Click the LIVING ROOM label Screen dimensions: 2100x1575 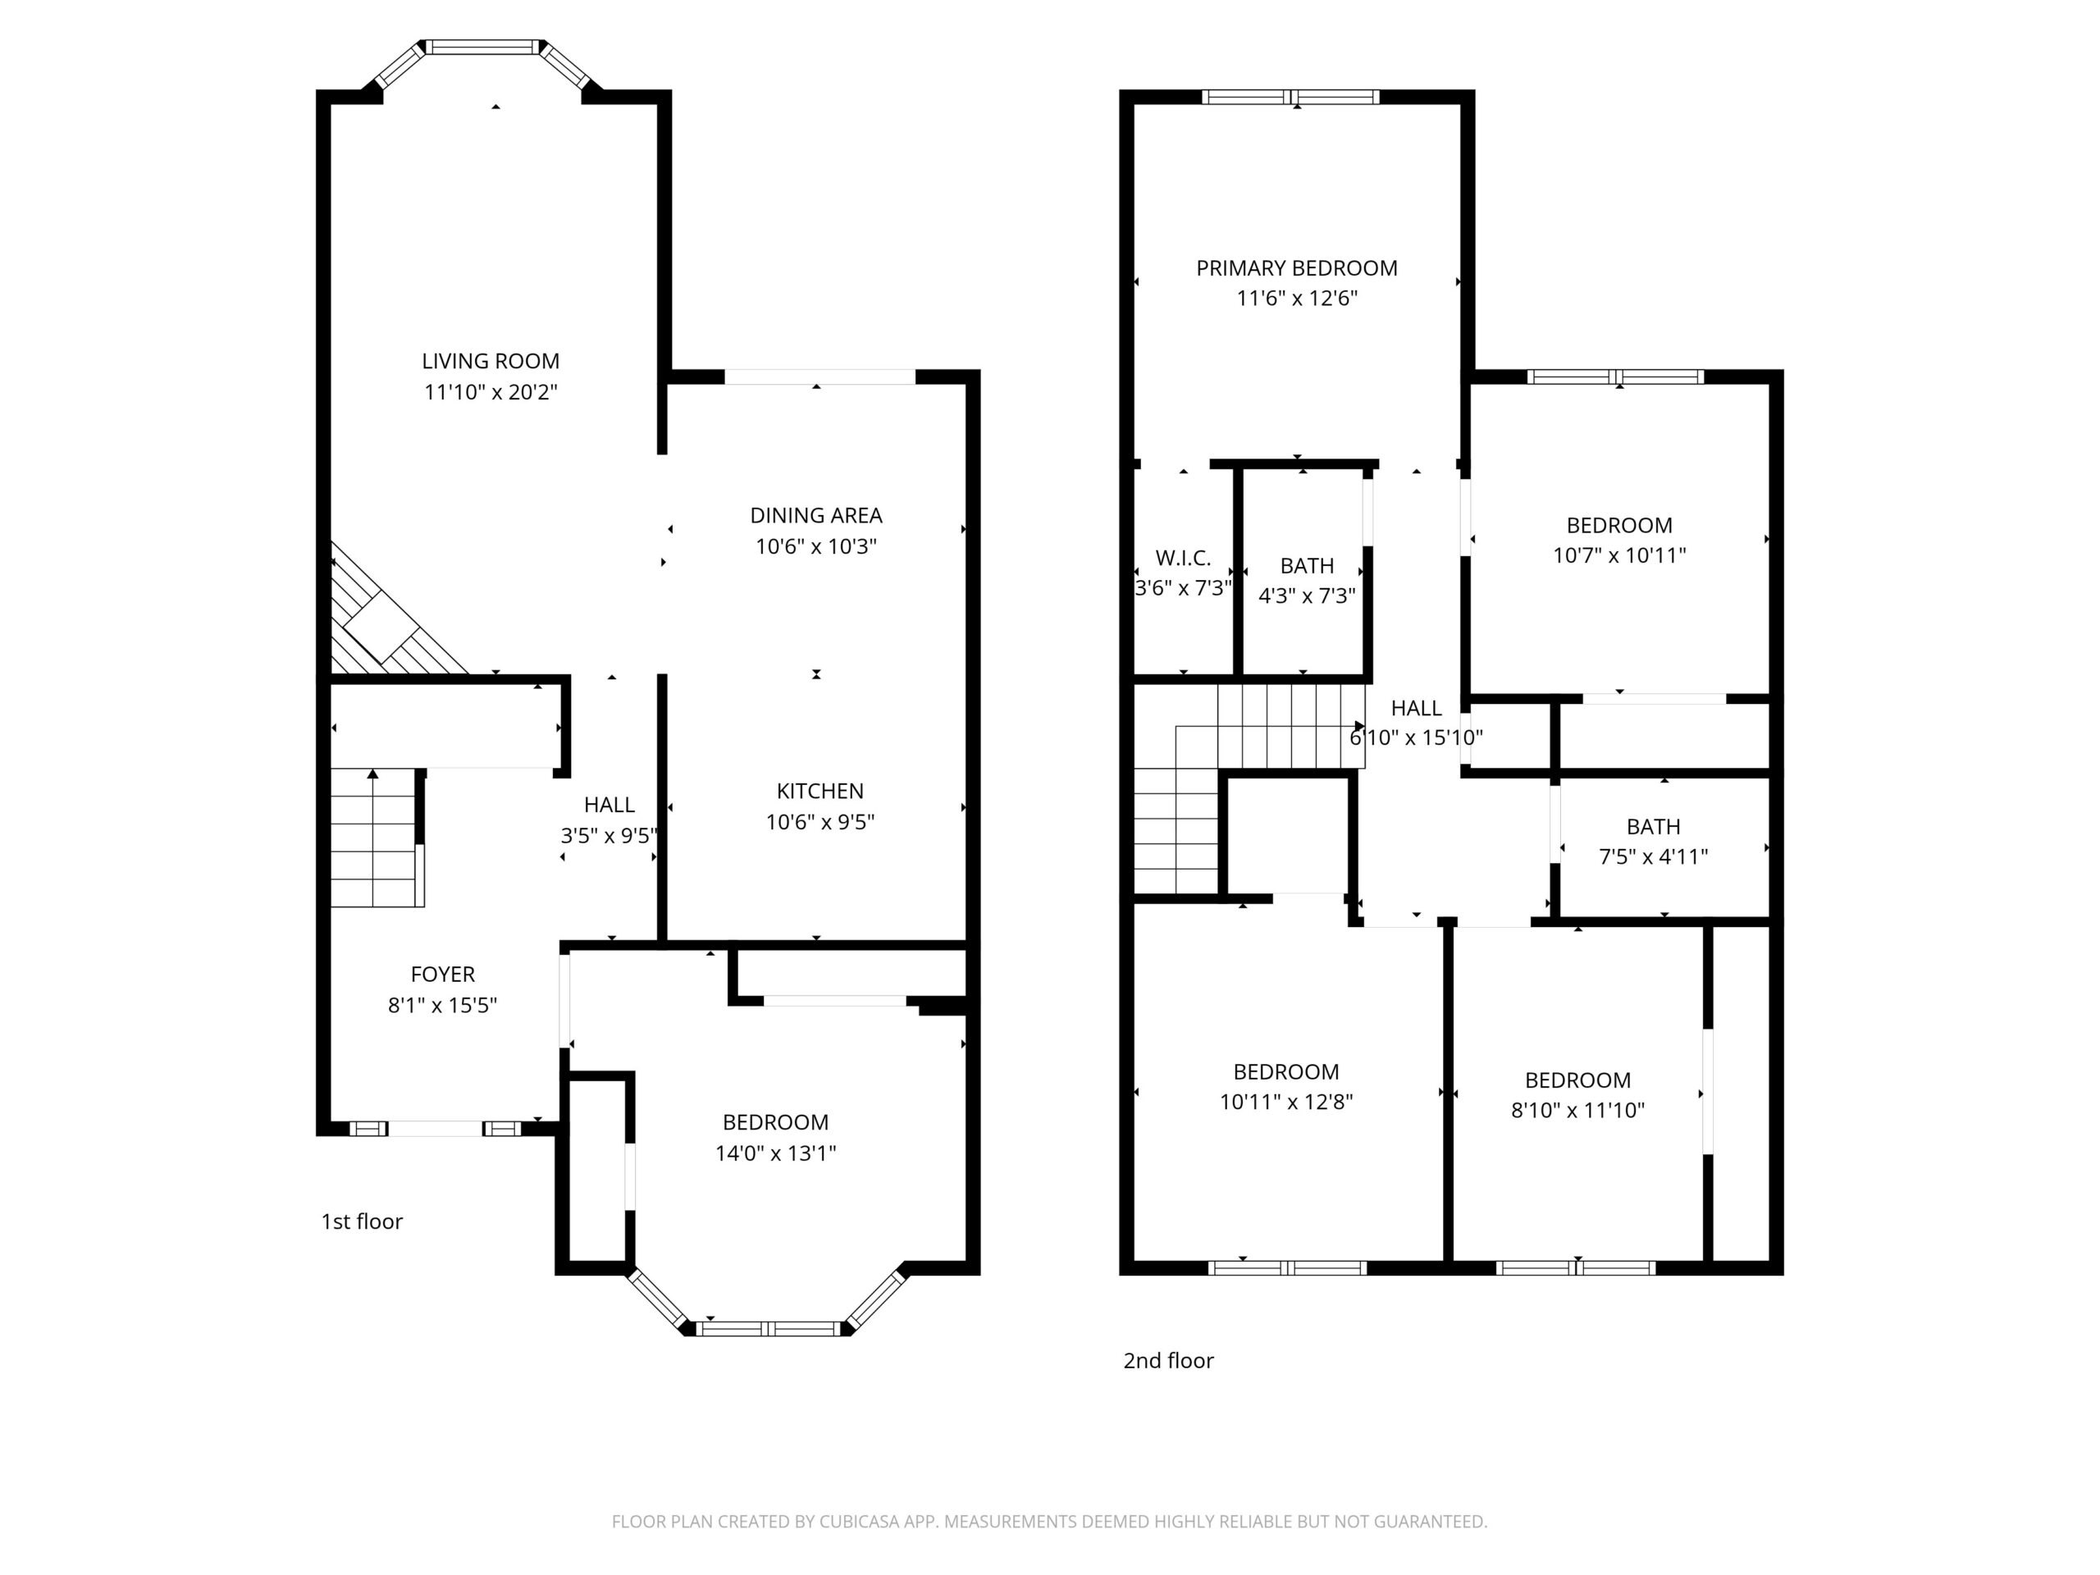491,361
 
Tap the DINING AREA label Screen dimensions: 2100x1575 816,515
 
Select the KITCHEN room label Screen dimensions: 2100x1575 820,791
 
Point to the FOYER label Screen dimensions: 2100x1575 442,974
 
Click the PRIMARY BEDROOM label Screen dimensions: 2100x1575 1297,269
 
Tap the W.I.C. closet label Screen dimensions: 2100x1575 1183,559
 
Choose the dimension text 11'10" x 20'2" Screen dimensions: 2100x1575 491,392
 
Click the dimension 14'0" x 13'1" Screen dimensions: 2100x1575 776,1153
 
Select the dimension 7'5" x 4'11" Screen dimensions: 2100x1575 1654,857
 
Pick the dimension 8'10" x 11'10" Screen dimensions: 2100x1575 1577,1111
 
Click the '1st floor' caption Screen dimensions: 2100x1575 362,1221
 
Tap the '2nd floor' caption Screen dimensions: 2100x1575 1169,1360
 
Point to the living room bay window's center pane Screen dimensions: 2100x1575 482,47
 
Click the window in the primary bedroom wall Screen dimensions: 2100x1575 1290,97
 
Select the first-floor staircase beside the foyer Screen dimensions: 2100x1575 376,838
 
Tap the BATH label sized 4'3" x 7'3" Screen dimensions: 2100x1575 1308,566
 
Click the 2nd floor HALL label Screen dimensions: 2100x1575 1417,708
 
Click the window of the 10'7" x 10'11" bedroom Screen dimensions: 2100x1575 1616,377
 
